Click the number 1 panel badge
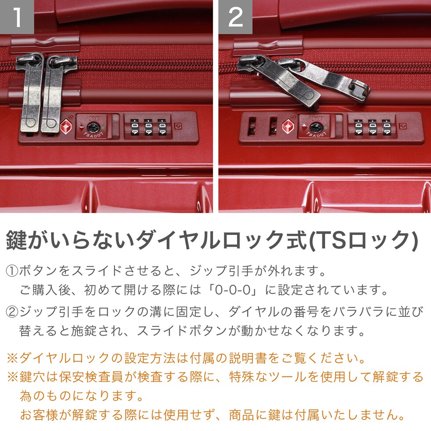click(17, 17)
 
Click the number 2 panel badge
click(236, 17)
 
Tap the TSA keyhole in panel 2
click(315, 127)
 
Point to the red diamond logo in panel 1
click(66, 127)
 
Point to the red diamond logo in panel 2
click(288, 127)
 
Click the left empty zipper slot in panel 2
click(252, 126)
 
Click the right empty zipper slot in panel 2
click(273, 126)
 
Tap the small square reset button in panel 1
click(178, 126)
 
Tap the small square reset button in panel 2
click(403, 126)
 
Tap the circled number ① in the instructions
click(12, 271)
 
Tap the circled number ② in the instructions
click(12, 312)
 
